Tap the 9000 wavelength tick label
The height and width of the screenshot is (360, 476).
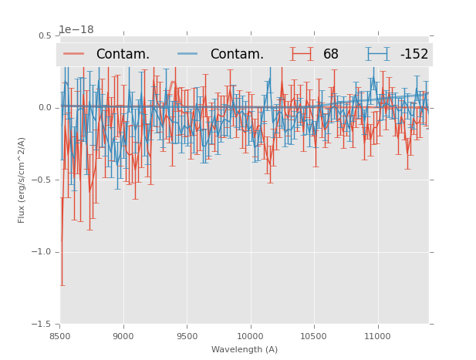pyautogui.click(x=123, y=336)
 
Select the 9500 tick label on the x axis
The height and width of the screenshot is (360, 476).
pyautogui.click(x=187, y=336)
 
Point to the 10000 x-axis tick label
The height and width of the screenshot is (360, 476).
pyautogui.click(x=250, y=336)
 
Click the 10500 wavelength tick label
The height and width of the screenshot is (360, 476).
pyautogui.click(x=313, y=336)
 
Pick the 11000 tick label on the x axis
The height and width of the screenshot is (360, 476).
pyautogui.click(x=377, y=336)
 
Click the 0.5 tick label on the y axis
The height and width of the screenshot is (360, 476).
pyautogui.click(x=46, y=36)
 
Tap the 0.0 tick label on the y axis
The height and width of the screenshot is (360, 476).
pyautogui.click(x=46, y=108)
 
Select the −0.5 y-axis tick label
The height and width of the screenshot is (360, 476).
pyautogui.click(x=43, y=180)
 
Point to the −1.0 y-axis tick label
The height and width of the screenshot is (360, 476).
pyautogui.click(x=43, y=252)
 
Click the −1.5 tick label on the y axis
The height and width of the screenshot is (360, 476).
pyautogui.click(x=43, y=325)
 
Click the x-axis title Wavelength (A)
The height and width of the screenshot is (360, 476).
pyautogui.click(x=245, y=349)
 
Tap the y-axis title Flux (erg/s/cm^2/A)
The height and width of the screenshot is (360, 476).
pyautogui.click(x=22, y=180)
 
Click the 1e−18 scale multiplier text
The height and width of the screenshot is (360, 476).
pyautogui.click(x=76, y=30)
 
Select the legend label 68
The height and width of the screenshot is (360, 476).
pyautogui.click(x=331, y=54)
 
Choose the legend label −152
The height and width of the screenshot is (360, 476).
pyautogui.click(x=414, y=54)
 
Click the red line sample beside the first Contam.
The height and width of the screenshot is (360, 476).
pyautogui.click(x=74, y=54)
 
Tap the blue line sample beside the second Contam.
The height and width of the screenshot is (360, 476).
pyautogui.click(x=188, y=54)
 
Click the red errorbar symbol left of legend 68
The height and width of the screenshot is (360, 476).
pyautogui.click(x=302, y=54)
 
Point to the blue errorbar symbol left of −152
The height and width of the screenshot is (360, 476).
pyautogui.click(x=378, y=54)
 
